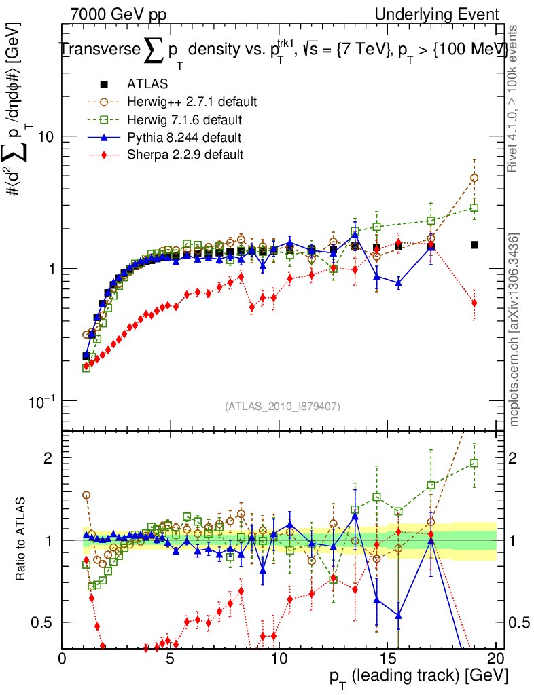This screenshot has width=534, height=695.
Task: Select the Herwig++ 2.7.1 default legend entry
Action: tap(191, 102)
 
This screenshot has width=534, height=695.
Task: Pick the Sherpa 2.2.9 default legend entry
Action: tap(185, 155)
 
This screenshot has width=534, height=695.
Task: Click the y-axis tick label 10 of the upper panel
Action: tap(45, 136)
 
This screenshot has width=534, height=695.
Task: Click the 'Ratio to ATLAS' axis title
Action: tap(22, 540)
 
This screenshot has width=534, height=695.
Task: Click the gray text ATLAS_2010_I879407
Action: tap(283, 407)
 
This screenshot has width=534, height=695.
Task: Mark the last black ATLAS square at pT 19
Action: tap(474, 245)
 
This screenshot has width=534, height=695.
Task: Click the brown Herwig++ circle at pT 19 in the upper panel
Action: tap(474, 178)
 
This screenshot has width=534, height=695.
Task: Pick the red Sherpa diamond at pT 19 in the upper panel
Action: tap(474, 303)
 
